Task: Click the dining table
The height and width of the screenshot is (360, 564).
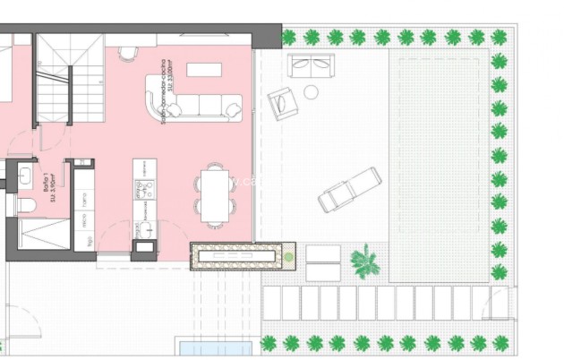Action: point(214,194)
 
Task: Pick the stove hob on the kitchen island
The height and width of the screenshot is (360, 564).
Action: point(144,189)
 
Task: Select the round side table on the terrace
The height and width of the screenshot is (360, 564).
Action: point(311,91)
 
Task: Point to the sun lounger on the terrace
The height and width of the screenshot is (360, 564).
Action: point(349,190)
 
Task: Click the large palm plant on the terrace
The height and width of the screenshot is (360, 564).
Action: point(364,261)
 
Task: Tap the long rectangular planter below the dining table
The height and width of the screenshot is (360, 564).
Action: point(243,256)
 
